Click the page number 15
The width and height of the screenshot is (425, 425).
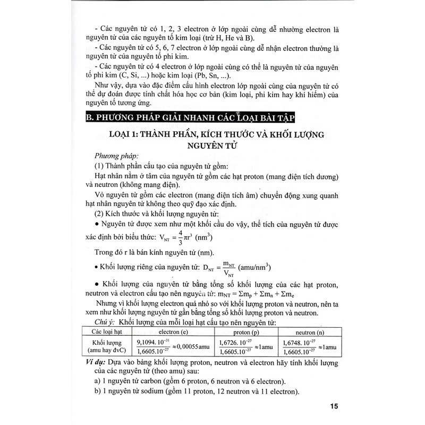click(333, 407)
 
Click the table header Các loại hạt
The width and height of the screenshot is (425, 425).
click(104, 330)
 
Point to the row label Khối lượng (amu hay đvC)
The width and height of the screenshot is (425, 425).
click(104, 346)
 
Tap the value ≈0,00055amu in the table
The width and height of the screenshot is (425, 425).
click(189, 346)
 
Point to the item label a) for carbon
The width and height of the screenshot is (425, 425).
click(98, 381)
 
